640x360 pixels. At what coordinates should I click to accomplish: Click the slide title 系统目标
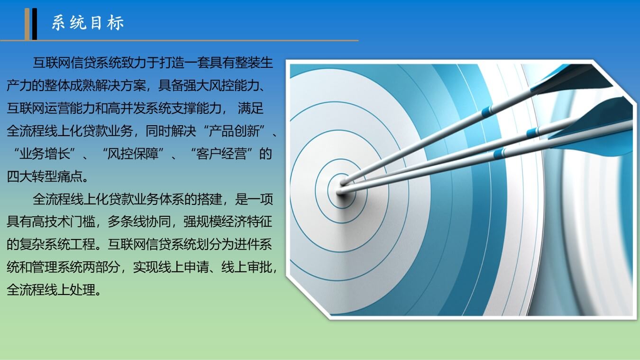(x=88, y=23)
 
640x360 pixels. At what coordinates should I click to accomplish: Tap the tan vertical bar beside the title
(x=27, y=24)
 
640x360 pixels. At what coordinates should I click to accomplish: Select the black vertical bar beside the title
(x=35, y=24)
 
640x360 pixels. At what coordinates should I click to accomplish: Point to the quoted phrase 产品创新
(x=234, y=131)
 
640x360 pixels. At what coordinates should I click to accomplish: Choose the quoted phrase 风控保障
(x=133, y=154)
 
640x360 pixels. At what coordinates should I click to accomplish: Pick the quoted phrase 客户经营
(x=222, y=154)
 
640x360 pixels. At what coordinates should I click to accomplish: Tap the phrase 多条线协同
(x=139, y=222)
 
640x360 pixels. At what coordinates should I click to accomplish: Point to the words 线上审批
(x=247, y=267)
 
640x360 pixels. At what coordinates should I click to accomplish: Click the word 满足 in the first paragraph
(x=251, y=108)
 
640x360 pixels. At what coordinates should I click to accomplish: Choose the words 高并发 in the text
(x=127, y=108)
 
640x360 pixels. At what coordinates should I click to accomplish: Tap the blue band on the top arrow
(x=487, y=111)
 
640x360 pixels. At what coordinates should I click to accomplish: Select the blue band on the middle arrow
(x=532, y=133)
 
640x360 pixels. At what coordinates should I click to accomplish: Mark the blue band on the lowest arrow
(x=499, y=154)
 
